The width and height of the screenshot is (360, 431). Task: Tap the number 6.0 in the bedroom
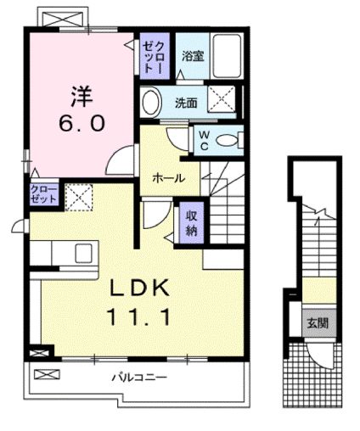pos(82,122)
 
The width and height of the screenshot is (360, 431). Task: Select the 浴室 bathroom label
pos(191,56)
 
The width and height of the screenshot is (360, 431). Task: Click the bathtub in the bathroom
pos(227,57)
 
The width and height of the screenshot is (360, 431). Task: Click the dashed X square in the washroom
pos(224,103)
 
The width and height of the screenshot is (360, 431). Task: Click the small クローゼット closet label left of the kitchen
pos(44,193)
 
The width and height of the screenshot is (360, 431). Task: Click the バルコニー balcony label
pos(137,378)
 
